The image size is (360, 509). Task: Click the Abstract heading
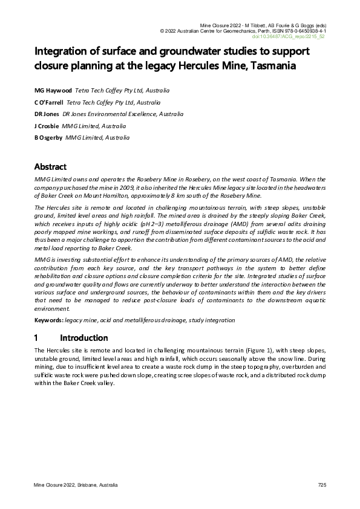coord(50,167)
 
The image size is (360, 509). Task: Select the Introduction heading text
coord(84,338)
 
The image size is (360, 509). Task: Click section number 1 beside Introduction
coord(36,338)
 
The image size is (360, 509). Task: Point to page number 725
coord(322,485)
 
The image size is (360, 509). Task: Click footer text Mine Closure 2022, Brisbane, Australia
coord(76,485)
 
